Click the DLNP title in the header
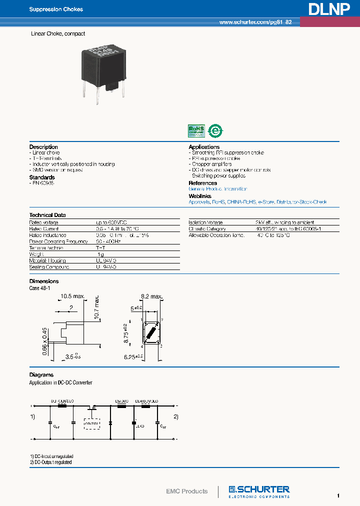(328, 9)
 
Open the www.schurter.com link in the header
(255, 23)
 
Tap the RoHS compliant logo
(195, 130)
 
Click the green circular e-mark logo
(215, 130)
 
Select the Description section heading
(44, 147)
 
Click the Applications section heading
(204, 147)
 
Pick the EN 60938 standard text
(42, 183)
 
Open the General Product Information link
(217, 189)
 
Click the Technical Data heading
(47, 215)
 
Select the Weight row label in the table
(37, 254)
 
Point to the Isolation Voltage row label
(205, 222)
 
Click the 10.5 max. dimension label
(72, 296)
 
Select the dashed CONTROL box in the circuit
(92, 424)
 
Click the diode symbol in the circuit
(110, 423)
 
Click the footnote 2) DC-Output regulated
(51, 462)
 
